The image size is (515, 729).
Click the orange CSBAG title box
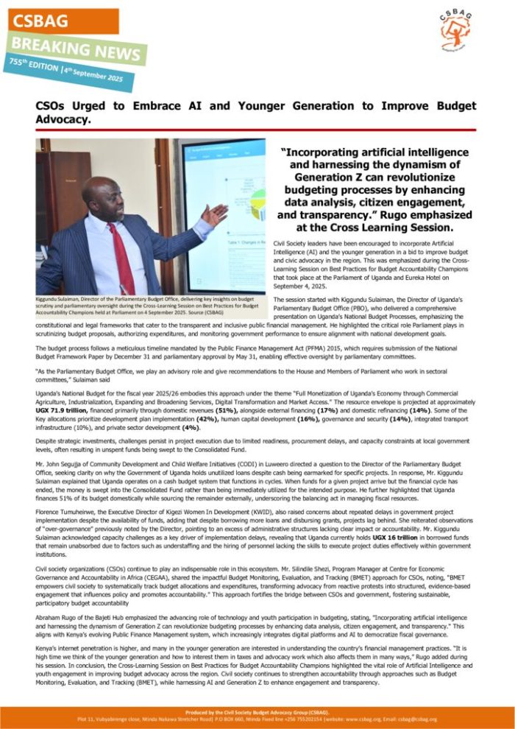(x=62, y=20)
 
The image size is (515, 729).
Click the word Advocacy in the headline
(x=70, y=119)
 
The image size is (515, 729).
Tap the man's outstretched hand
(x=214, y=215)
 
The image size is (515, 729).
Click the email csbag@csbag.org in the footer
(x=416, y=719)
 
